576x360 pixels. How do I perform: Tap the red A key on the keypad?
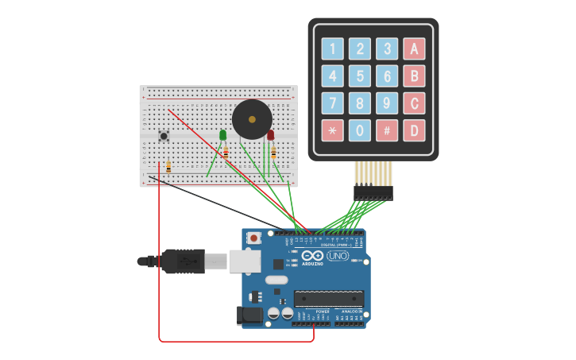coord(414,49)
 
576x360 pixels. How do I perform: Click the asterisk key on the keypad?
coord(333,130)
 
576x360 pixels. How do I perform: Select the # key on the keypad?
coord(387,130)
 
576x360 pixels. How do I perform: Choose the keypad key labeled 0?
coord(360,130)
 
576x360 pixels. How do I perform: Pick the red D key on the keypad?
coord(414,130)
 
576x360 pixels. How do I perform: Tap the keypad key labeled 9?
coord(387,103)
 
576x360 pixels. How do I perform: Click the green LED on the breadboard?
coord(223,136)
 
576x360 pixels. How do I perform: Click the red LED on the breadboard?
coord(271,136)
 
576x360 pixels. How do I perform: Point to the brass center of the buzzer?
coord(252,120)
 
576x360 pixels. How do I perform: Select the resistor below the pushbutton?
coord(168,167)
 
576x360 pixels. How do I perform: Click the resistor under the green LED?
coord(226,151)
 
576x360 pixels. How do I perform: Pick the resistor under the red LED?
coord(273,152)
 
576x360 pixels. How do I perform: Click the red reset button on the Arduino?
coord(254,237)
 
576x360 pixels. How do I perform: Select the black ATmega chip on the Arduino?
coord(328,299)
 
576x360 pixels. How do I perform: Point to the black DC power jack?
coord(251,315)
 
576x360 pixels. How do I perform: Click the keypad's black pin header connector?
coord(373,192)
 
